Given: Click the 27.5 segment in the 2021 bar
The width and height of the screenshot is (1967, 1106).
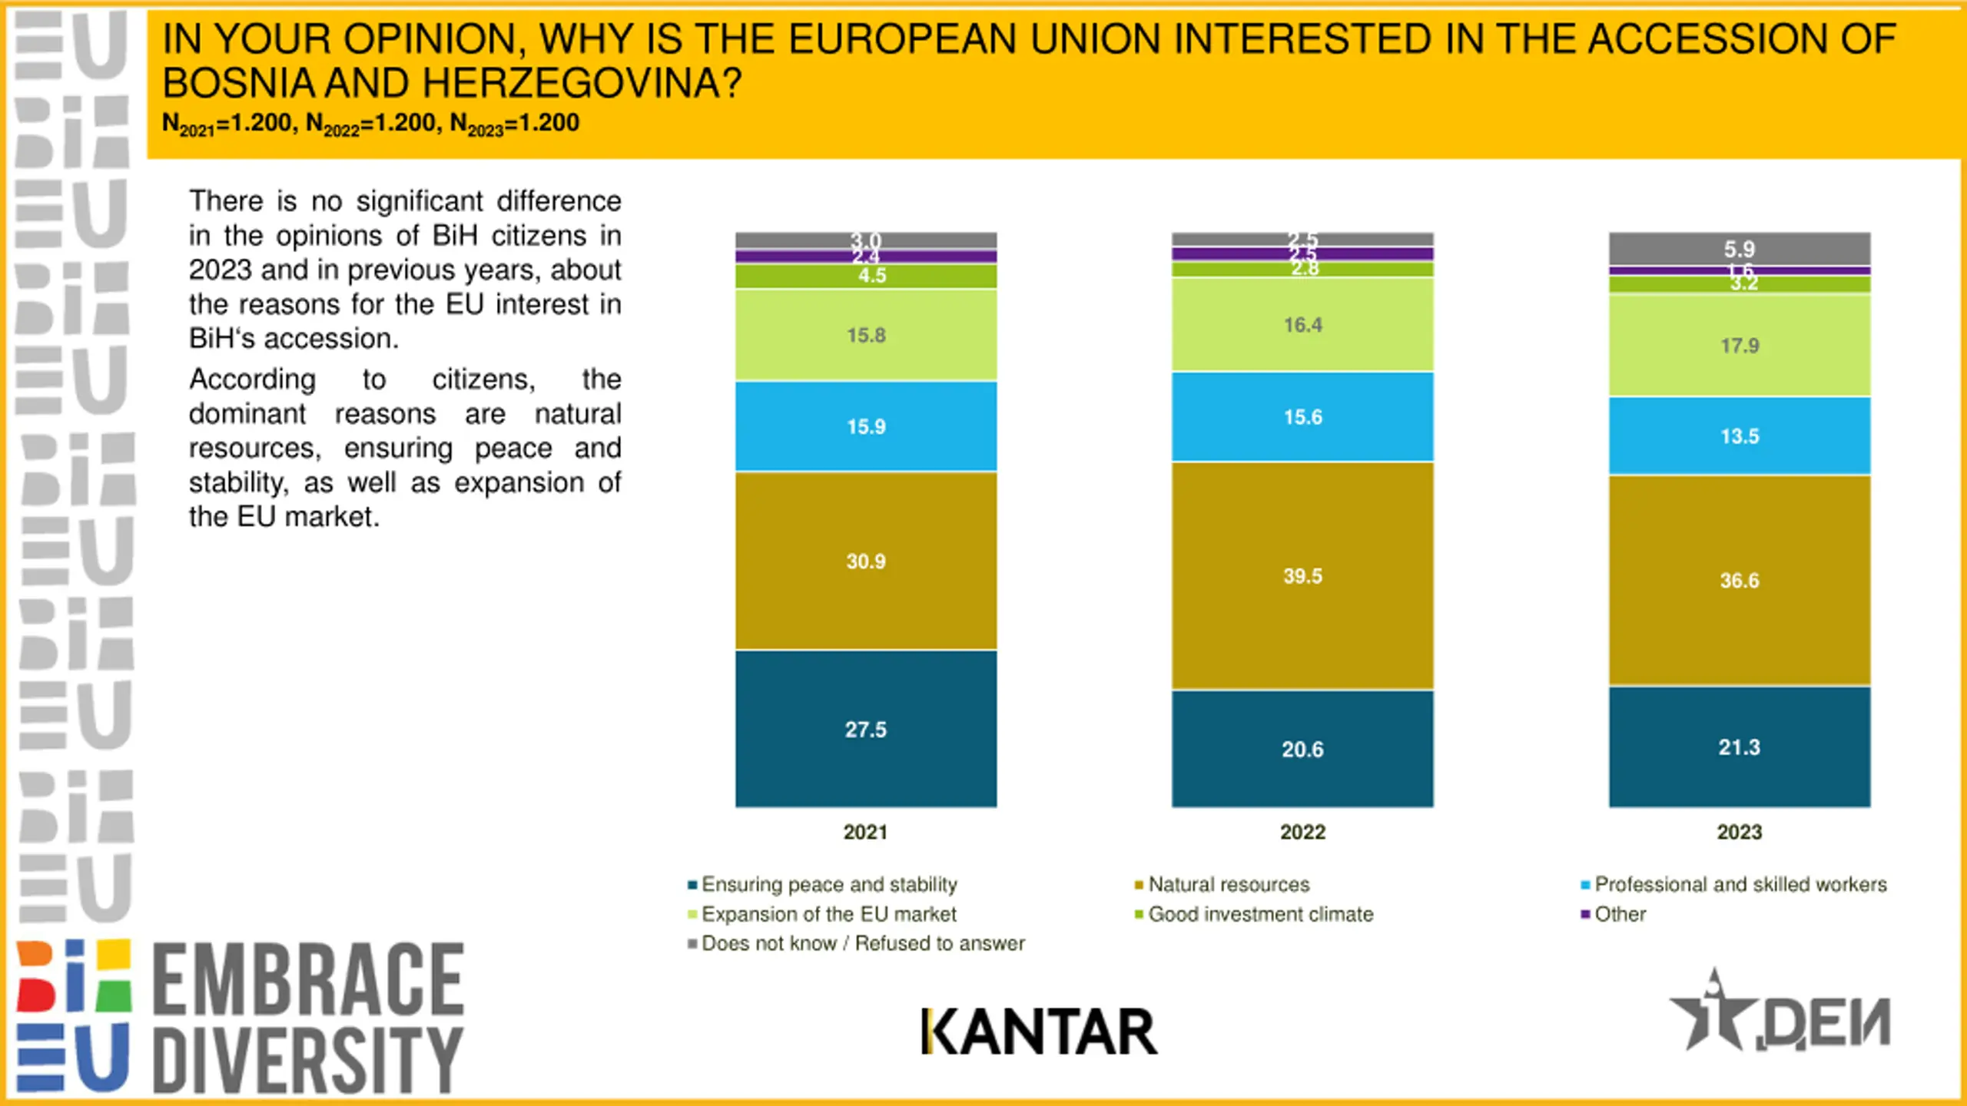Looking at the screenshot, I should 866,729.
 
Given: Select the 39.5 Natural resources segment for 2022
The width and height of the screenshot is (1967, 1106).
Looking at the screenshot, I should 1302,576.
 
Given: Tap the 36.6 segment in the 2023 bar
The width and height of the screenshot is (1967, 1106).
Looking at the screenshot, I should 1740,581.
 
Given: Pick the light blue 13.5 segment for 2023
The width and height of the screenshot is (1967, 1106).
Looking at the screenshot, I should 1740,436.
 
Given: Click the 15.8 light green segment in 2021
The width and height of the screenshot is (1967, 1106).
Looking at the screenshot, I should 866,335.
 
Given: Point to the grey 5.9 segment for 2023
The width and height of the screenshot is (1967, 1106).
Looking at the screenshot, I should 1740,249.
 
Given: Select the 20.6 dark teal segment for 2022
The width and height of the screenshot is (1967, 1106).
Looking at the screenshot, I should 1302,749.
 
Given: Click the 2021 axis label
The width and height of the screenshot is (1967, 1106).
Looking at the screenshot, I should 865,832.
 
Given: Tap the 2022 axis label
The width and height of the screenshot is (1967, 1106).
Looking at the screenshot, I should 1302,832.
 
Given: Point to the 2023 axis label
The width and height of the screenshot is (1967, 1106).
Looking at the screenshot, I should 1740,832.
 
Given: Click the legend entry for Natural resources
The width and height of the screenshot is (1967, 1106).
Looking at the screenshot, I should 1228,885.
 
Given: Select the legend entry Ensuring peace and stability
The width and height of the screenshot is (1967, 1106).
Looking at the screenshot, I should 828,885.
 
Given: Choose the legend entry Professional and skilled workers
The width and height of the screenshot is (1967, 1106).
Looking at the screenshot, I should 1740,885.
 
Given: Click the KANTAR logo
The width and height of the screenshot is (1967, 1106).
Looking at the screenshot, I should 1039,1031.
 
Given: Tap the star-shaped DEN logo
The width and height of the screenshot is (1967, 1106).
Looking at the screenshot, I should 1780,1014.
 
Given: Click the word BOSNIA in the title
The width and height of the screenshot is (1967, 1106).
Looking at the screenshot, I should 238,83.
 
